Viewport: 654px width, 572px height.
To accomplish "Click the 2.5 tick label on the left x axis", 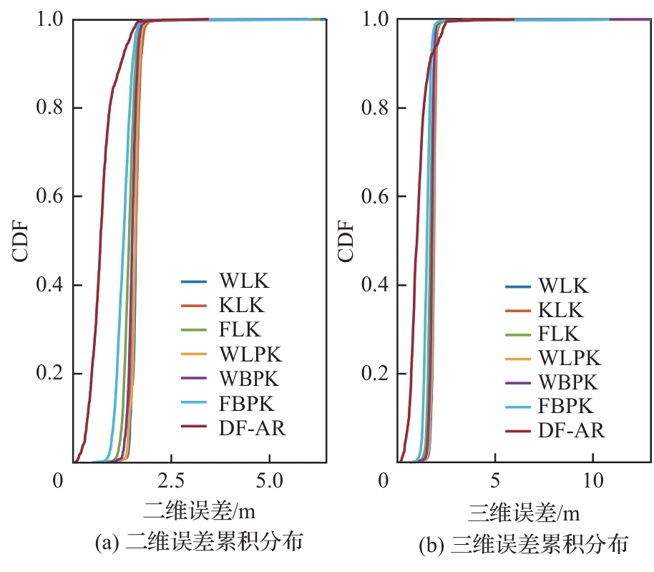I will point(171,480).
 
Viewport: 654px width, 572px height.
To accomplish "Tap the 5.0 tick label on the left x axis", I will point(270,480).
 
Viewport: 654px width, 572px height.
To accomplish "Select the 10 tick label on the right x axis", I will point(593,480).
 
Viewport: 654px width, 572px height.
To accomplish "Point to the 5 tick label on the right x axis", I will point(495,480).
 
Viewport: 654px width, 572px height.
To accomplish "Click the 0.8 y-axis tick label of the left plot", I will point(49,109).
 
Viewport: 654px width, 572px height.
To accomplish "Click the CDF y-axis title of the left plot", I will point(21,241).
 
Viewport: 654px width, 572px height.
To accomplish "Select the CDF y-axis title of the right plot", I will point(345,241).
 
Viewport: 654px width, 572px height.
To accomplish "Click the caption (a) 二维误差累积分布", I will point(199,543).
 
